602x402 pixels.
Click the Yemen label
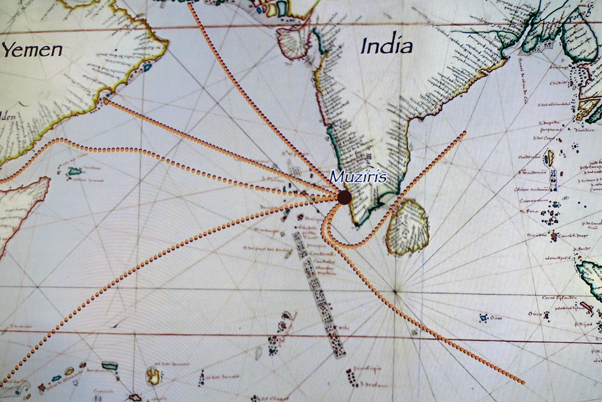[x=33, y=50]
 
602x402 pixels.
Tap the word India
[x=387, y=46]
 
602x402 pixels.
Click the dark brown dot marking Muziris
[x=344, y=197]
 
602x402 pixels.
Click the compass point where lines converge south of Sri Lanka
[x=396, y=291]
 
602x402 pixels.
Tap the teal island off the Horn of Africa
[x=76, y=172]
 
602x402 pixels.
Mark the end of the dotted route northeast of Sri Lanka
[x=465, y=132]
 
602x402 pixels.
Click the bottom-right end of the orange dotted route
[x=523, y=383]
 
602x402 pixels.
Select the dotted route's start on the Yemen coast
[x=105, y=101]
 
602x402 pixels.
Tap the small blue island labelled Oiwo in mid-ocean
[x=484, y=318]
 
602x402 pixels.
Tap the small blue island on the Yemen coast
[x=147, y=66]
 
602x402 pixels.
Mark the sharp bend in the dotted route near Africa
[x=60, y=140]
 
